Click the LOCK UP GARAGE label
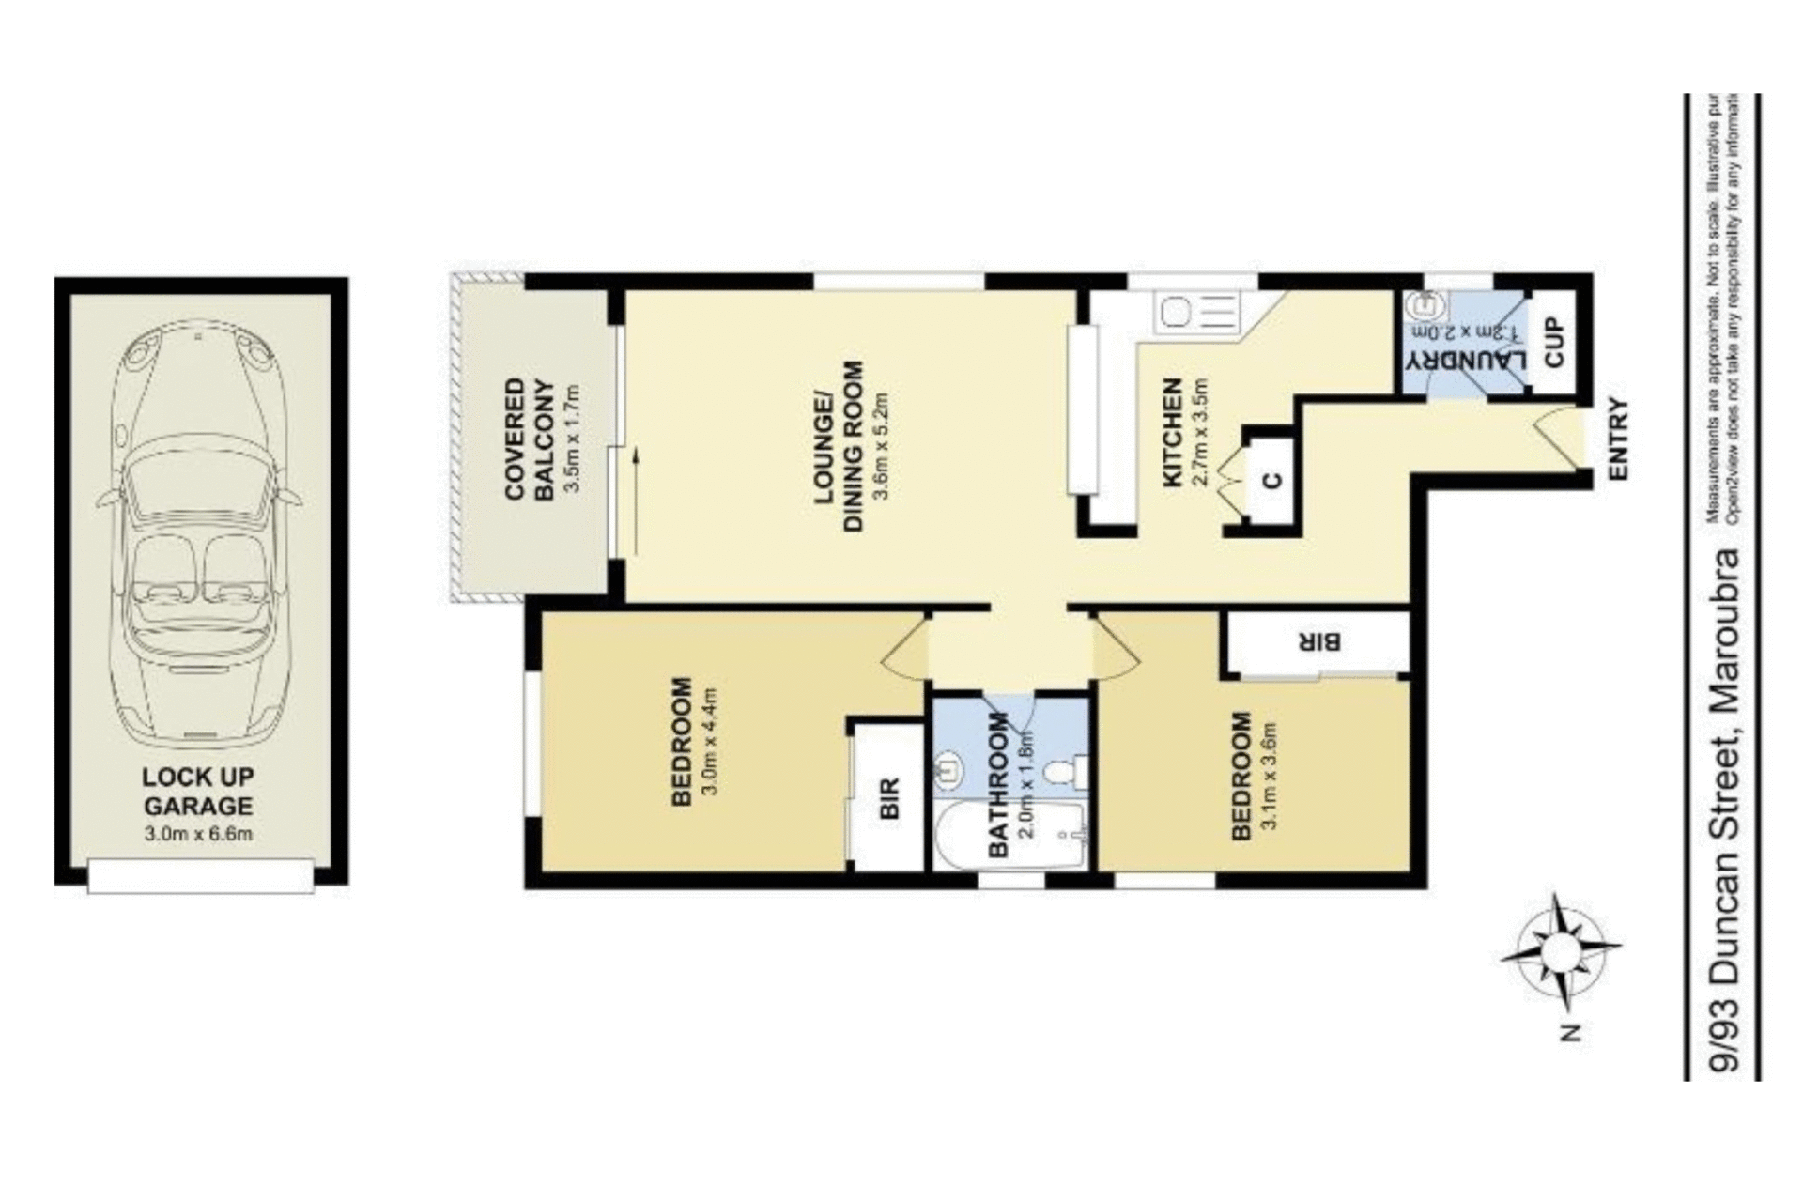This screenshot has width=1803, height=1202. pos(198,791)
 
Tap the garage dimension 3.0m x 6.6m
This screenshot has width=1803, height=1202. pos(198,833)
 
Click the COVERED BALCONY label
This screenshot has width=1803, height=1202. pos(529,439)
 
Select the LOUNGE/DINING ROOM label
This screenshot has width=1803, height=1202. pos(839,447)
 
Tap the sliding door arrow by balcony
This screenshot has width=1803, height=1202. pos(636,502)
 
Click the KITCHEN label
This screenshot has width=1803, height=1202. pos(1173,433)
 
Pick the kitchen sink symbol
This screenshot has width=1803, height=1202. pos(1175,311)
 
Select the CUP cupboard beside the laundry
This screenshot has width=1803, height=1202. pos(1554,342)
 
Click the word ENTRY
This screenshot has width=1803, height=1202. pos(1618,439)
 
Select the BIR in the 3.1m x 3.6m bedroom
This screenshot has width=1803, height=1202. pos(1318,642)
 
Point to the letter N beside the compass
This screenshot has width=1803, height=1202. pos(1570,1033)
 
